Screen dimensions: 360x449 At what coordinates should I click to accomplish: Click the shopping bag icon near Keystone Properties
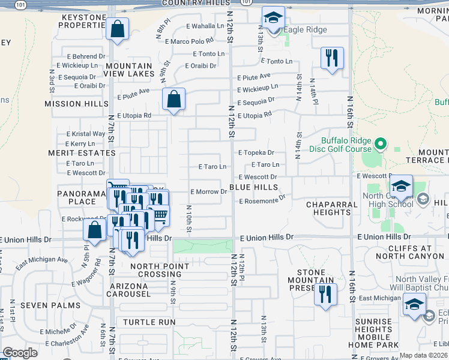pos(118,28)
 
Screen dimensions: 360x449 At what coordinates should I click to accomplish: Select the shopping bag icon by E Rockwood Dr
pos(95,230)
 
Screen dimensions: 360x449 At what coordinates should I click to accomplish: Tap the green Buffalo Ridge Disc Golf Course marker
pos(380,144)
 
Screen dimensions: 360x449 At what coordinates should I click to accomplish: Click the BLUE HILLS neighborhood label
pos(253,188)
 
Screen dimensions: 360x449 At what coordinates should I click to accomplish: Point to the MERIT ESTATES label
pos(82,153)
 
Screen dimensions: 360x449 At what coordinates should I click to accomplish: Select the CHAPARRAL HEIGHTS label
pos(336,208)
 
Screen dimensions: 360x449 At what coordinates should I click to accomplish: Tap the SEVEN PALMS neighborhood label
pos(50,305)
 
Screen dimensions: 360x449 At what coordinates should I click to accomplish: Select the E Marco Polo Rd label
pos(192,41)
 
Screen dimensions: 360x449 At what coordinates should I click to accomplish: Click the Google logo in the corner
pos(20,353)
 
